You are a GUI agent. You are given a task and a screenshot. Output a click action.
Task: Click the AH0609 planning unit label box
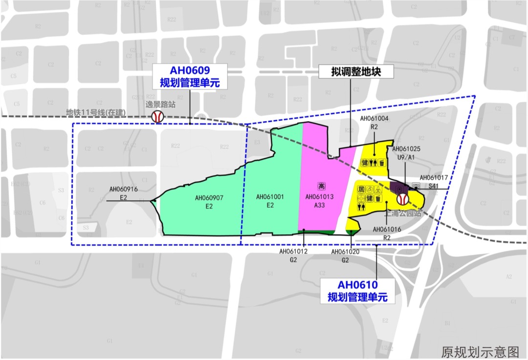(190, 76)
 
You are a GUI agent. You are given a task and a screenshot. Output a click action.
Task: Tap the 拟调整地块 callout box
(350, 72)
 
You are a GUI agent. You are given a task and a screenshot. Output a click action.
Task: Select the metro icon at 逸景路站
(157, 116)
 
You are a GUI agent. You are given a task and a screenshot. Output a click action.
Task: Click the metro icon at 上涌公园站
(403, 199)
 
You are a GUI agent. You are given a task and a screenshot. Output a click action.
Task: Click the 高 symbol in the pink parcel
(321, 186)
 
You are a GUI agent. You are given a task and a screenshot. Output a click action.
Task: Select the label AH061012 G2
(293, 255)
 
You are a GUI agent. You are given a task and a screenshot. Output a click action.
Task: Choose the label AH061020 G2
(346, 255)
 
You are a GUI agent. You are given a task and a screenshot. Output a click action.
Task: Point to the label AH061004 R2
(374, 122)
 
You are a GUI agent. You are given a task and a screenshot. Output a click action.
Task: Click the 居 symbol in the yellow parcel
(361, 189)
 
